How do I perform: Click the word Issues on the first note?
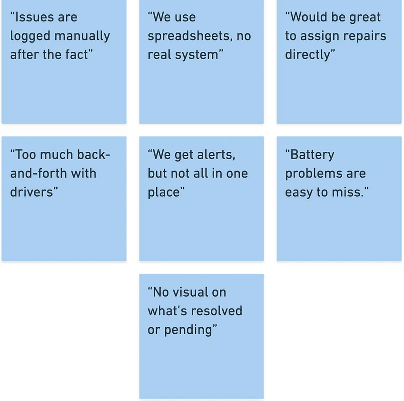coord(34,18)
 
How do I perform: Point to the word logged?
coord(29,37)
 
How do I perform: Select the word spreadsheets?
coord(188,37)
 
